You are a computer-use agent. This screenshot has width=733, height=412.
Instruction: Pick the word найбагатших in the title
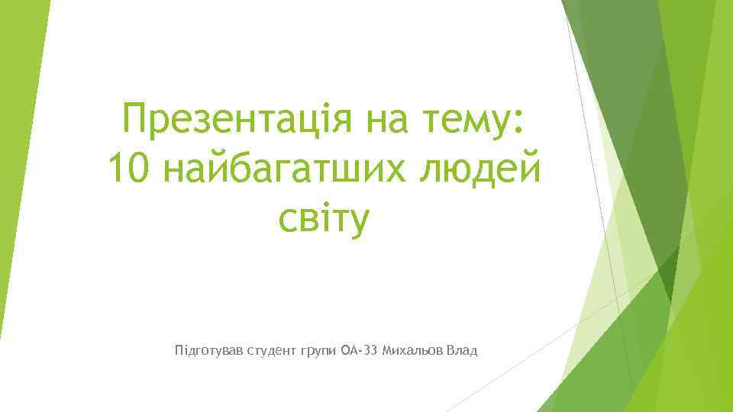(284, 169)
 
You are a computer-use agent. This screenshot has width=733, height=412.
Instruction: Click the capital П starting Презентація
(136, 121)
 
